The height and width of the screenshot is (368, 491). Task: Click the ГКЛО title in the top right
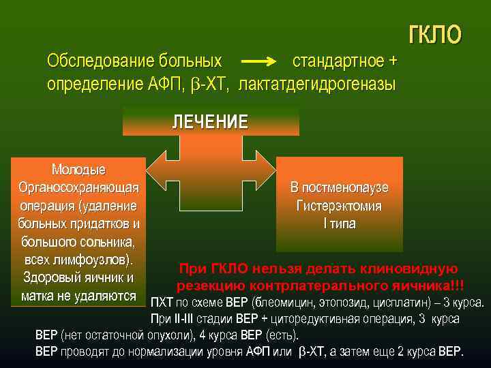pos(434,35)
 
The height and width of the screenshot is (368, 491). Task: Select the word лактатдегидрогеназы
pos(317,84)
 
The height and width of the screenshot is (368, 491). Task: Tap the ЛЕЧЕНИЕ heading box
pos(210,122)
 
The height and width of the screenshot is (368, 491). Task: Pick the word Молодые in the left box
pos(78,169)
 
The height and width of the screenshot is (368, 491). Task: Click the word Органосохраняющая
pos(78,187)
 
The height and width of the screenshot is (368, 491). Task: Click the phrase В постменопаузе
pos(339,187)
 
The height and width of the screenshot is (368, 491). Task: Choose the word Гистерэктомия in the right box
pos(339,205)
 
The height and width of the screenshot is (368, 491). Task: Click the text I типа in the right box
pos(339,224)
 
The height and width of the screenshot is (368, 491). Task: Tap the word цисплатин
pos(386,303)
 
